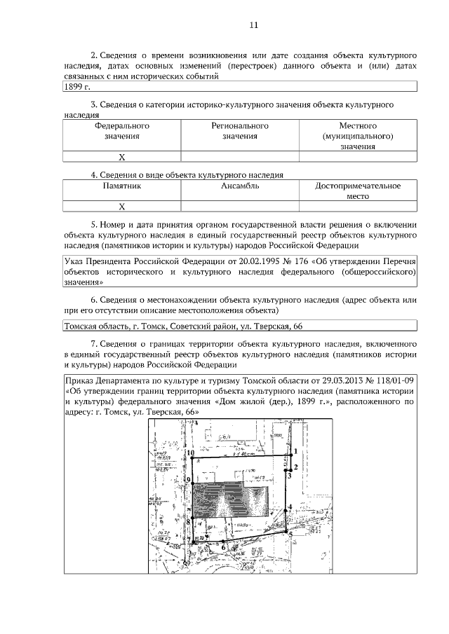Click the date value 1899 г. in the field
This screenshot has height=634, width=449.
pyautogui.click(x=77, y=87)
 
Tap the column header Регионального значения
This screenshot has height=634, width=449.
pyautogui.click(x=240, y=131)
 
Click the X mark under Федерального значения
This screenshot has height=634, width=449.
pyautogui.click(x=121, y=158)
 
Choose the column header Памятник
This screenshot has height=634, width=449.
pyautogui.click(x=121, y=186)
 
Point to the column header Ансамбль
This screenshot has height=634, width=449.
pyautogui.click(x=240, y=186)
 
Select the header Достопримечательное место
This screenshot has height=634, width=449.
pyautogui.click(x=358, y=191)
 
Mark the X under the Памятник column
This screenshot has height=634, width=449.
pyautogui.click(x=121, y=207)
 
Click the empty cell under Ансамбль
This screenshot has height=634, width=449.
pyautogui.click(x=240, y=207)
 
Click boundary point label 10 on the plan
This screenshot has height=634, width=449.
pyautogui.click(x=191, y=453)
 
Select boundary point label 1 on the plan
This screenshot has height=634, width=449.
pyautogui.click(x=296, y=451)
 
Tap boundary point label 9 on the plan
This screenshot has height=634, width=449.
pyautogui.click(x=189, y=480)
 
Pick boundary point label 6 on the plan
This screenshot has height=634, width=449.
pyautogui.click(x=223, y=547)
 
